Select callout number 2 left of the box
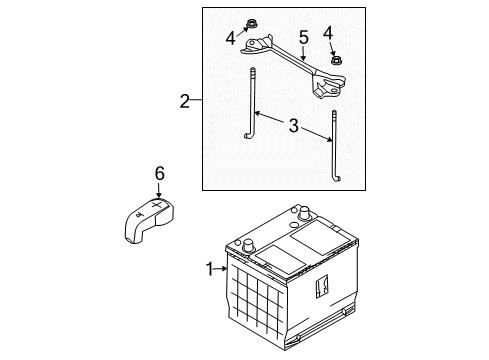click(x=184, y=101)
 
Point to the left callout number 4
click(x=231, y=40)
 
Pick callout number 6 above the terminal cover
click(x=158, y=174)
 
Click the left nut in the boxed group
click(x=246, y=26)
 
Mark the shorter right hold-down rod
click(x=332, y=140)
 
